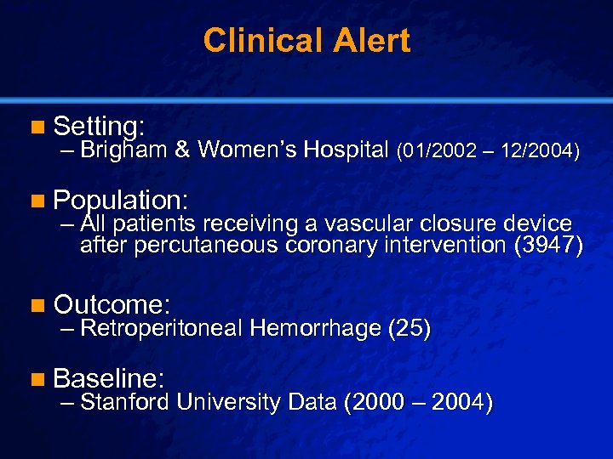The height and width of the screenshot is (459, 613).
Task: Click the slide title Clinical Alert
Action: point(306,40)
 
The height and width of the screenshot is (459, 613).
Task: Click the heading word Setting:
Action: point(98,127)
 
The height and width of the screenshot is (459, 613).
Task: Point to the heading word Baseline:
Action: point(109,377)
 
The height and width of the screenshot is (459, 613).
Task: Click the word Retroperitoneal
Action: point(162,328)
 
